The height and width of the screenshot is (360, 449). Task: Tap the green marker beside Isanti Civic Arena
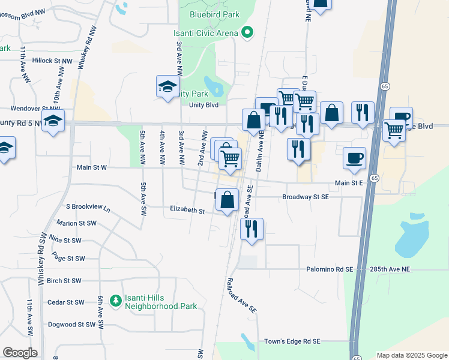[246, 33]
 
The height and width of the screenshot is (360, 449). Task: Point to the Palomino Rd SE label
[330, 270]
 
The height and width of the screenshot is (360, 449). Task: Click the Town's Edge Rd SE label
[292, 341]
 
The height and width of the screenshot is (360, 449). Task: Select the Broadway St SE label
[306, 197]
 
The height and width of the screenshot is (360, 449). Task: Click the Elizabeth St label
[187, 211]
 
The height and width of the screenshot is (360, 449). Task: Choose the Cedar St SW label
[64, 302]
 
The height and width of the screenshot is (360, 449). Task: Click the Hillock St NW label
[52, 61]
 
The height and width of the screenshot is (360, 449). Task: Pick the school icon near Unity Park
[167, 86]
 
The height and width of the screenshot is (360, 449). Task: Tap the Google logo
[20, 353]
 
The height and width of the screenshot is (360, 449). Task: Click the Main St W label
[92, 168]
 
